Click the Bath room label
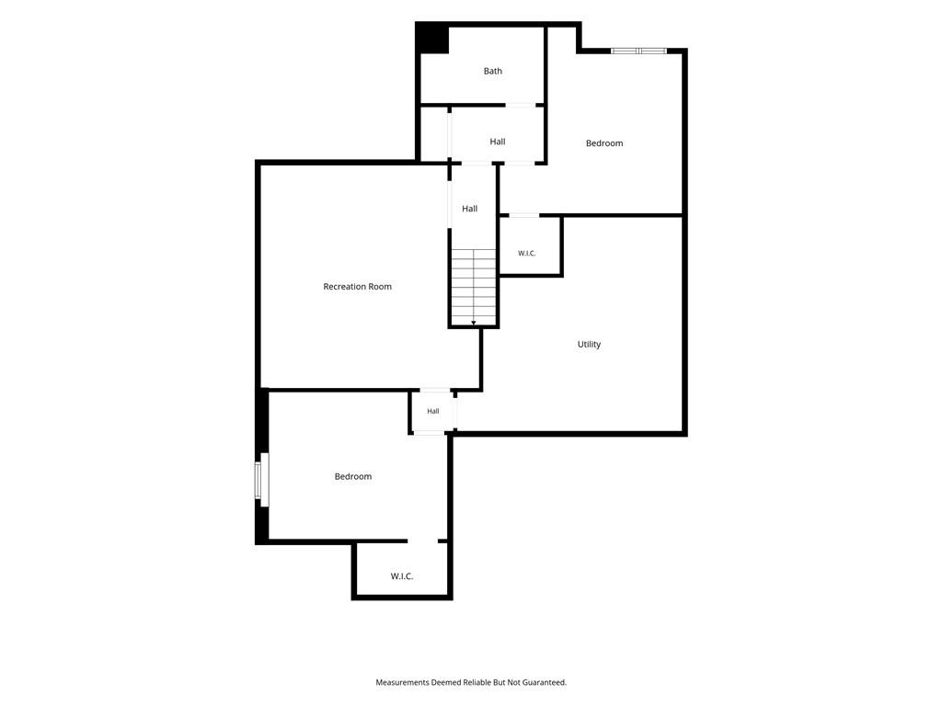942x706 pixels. coord(493,71)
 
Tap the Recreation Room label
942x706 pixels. coord(358,287)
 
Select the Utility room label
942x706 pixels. coord(589,344)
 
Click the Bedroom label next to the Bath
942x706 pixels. coord(604,142)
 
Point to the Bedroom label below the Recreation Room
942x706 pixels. coord(353,476)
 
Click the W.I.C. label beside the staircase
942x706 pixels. coord(527,254)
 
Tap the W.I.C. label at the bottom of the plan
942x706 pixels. coord(402,576)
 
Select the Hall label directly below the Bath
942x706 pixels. coord(498,142)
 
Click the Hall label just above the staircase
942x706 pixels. coord(470,209)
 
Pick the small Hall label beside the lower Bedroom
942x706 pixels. coord(433,411)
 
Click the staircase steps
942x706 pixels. coord(474,287)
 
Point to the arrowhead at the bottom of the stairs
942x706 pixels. coord(474,323)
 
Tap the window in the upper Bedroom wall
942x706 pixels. coord(638,51)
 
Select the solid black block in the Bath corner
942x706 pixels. coord(432,39)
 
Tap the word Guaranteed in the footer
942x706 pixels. coord(545,682)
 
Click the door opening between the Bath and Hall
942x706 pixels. coord(521,105)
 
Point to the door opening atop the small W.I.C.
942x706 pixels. coord(523,215)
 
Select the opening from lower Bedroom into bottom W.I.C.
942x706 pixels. coord(423,541)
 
